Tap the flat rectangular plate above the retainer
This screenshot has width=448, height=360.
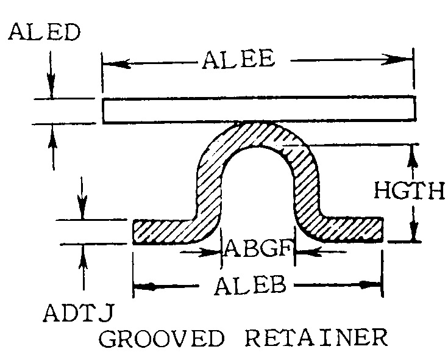pyautogui.click(x=258, y=110)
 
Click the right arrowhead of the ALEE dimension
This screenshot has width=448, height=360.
pyautogui.click(x=402, y=59)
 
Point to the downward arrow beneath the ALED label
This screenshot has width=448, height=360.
pyautogui.click(x=51, y=85)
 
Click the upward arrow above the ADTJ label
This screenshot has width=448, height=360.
pyautogui.click(x=82, y=256)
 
